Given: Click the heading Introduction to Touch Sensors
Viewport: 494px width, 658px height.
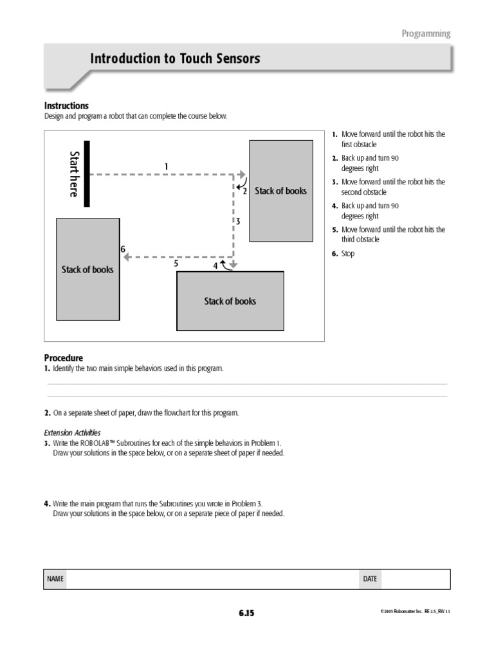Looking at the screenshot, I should coord(175,58).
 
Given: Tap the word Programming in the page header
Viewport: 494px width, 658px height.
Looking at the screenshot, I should coord(426,33).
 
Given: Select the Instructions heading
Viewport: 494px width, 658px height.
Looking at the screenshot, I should coord(66,105).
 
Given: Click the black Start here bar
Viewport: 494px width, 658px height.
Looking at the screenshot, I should coord(87,173).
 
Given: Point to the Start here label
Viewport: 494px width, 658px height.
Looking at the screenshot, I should coord(74,174).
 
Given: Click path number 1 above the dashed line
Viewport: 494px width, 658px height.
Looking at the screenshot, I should coord(166,166).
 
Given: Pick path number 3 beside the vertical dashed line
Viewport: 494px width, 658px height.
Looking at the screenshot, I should coord(237,221).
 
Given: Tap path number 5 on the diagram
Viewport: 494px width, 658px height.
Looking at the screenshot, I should coord(176,263).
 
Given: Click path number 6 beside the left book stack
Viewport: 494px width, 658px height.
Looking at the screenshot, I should coord(122,249).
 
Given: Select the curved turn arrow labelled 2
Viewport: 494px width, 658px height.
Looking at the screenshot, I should coord(241,187).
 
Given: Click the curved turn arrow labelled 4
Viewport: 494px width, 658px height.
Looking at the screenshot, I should coord(226,265).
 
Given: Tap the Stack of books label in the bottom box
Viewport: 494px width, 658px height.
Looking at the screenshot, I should coord(230,301).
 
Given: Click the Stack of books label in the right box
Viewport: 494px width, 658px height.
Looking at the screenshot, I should coord(280,191).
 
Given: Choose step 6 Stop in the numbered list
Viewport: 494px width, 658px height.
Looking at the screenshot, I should coord(347,254).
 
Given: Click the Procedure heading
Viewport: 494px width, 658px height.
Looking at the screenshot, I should coord(63,357).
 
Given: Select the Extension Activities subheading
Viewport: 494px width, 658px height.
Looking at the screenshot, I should coord(72,432).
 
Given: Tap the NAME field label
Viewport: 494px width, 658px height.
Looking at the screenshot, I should coord(55,579).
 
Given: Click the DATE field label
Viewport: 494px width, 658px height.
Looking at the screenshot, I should coord(370,579).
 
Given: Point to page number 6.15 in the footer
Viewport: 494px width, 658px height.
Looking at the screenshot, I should coord(246,613).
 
